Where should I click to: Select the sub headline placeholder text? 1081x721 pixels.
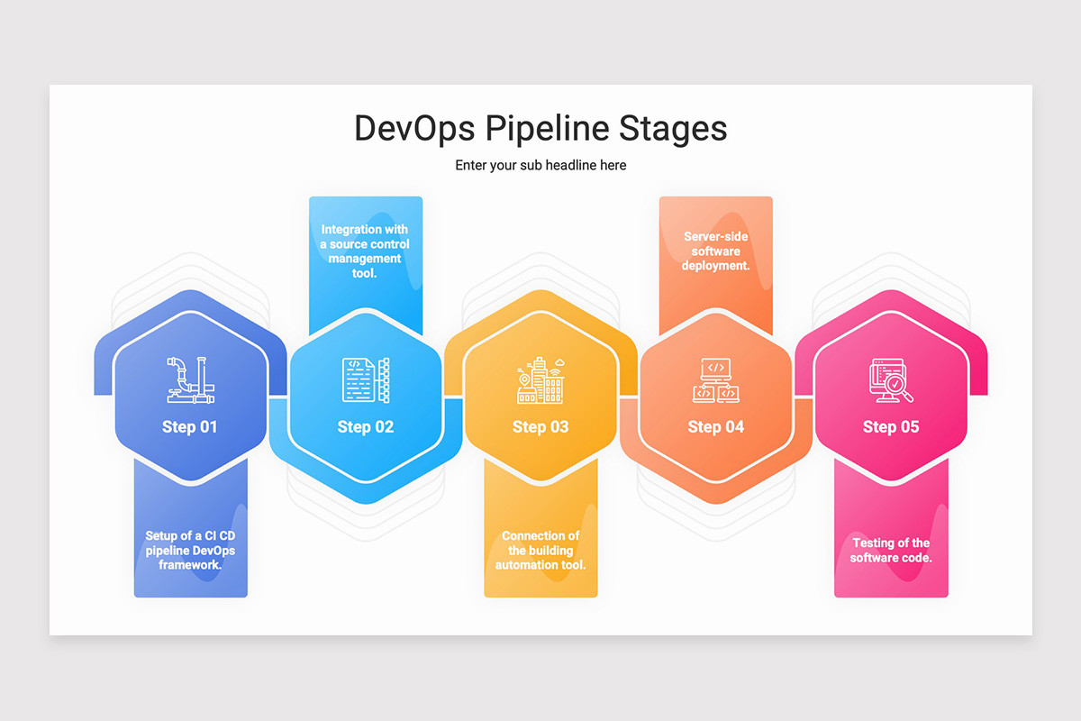pos(540,165)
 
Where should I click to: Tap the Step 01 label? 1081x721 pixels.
pos(190,426)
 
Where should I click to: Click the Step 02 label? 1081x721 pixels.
pos(366,426)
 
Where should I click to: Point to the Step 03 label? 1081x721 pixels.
pos(540,426)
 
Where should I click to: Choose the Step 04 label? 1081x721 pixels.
pos(716,426)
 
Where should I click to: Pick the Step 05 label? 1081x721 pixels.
pos(891,426)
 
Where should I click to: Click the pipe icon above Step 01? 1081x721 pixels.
pos(190,379)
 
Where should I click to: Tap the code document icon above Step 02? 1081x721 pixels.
pos(366,379)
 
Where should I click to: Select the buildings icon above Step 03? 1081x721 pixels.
pos(540,379)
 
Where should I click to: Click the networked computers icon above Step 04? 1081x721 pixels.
pos(716,379)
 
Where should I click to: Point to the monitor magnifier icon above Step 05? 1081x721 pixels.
pos(891,379)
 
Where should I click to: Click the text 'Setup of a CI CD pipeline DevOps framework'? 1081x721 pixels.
pos(190,550)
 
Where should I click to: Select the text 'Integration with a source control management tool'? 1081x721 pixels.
pos(366,251)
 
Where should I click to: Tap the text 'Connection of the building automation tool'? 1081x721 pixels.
pos(540,550)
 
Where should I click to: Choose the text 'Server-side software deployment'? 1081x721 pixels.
pos(716,251)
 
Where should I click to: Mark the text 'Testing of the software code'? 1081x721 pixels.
pos(891,550)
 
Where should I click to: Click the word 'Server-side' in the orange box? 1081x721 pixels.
pos(716,236)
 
